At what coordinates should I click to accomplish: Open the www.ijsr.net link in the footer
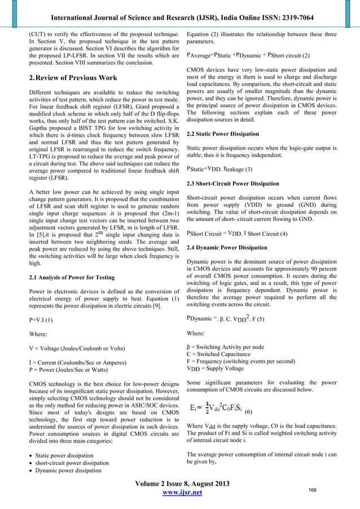pos(180,494)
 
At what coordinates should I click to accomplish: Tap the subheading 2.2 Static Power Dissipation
pos(223,134)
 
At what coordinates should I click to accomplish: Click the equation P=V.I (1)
pos(41,319)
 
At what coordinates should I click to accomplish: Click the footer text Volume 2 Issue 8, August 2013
pos(180,484)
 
